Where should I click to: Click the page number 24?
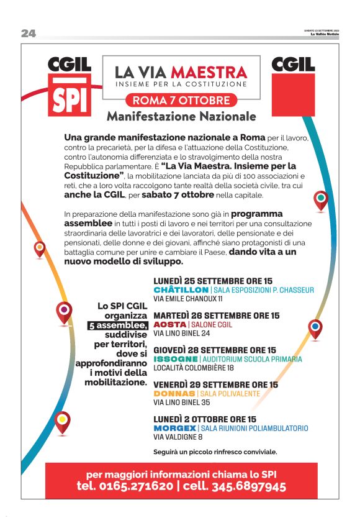tap(29, 34)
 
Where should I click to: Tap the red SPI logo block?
tap(70, 96)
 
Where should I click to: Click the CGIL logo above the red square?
tap(293, 64)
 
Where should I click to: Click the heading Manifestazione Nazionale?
tap(181, 116)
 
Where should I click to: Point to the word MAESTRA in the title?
tap(209, 72)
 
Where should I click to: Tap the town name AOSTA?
tap(169, 325)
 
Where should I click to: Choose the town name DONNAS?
tap(174, 394)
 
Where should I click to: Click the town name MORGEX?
tap(174, 429)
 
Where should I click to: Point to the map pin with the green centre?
tap(321, 200)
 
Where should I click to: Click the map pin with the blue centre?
tap(315, 327)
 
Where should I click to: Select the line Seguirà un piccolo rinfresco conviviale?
tap(215, 452)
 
